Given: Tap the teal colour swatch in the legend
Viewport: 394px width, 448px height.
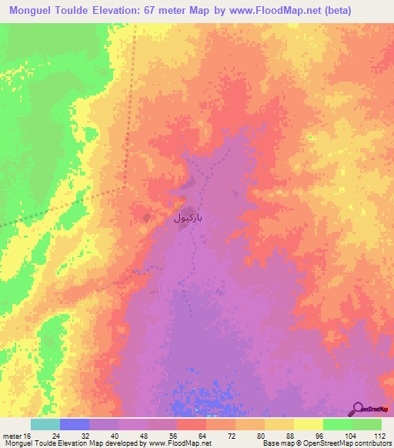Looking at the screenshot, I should tap(45, 424).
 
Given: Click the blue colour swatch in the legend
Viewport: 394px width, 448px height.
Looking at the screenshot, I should tap(75, 424).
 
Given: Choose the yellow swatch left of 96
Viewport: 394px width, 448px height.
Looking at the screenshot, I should tap(309, 424).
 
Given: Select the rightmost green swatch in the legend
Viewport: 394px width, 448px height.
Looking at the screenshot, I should tap(367, 424).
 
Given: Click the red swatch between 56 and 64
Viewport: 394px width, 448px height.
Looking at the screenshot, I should tap(192, 424).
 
